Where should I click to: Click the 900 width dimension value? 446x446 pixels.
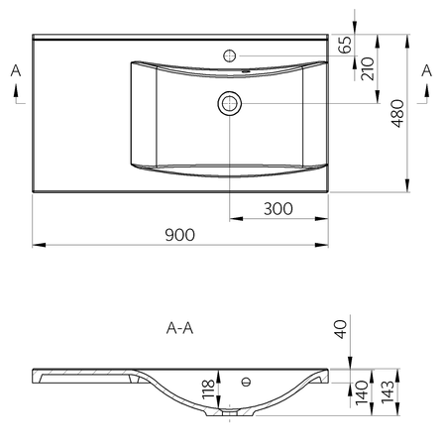point(179,235)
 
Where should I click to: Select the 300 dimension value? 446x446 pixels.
point(279,209)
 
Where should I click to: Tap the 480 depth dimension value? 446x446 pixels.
point(397,113)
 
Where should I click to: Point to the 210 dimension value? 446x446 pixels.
point(368,68)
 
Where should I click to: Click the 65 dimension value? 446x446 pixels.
point(345,45)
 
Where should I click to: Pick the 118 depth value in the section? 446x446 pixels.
point(208,390)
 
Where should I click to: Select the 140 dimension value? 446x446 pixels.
point(362,393)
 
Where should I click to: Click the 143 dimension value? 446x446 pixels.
point(388,392)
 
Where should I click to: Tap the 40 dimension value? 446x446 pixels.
point(341,329)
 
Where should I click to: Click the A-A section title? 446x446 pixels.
point(179,328)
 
